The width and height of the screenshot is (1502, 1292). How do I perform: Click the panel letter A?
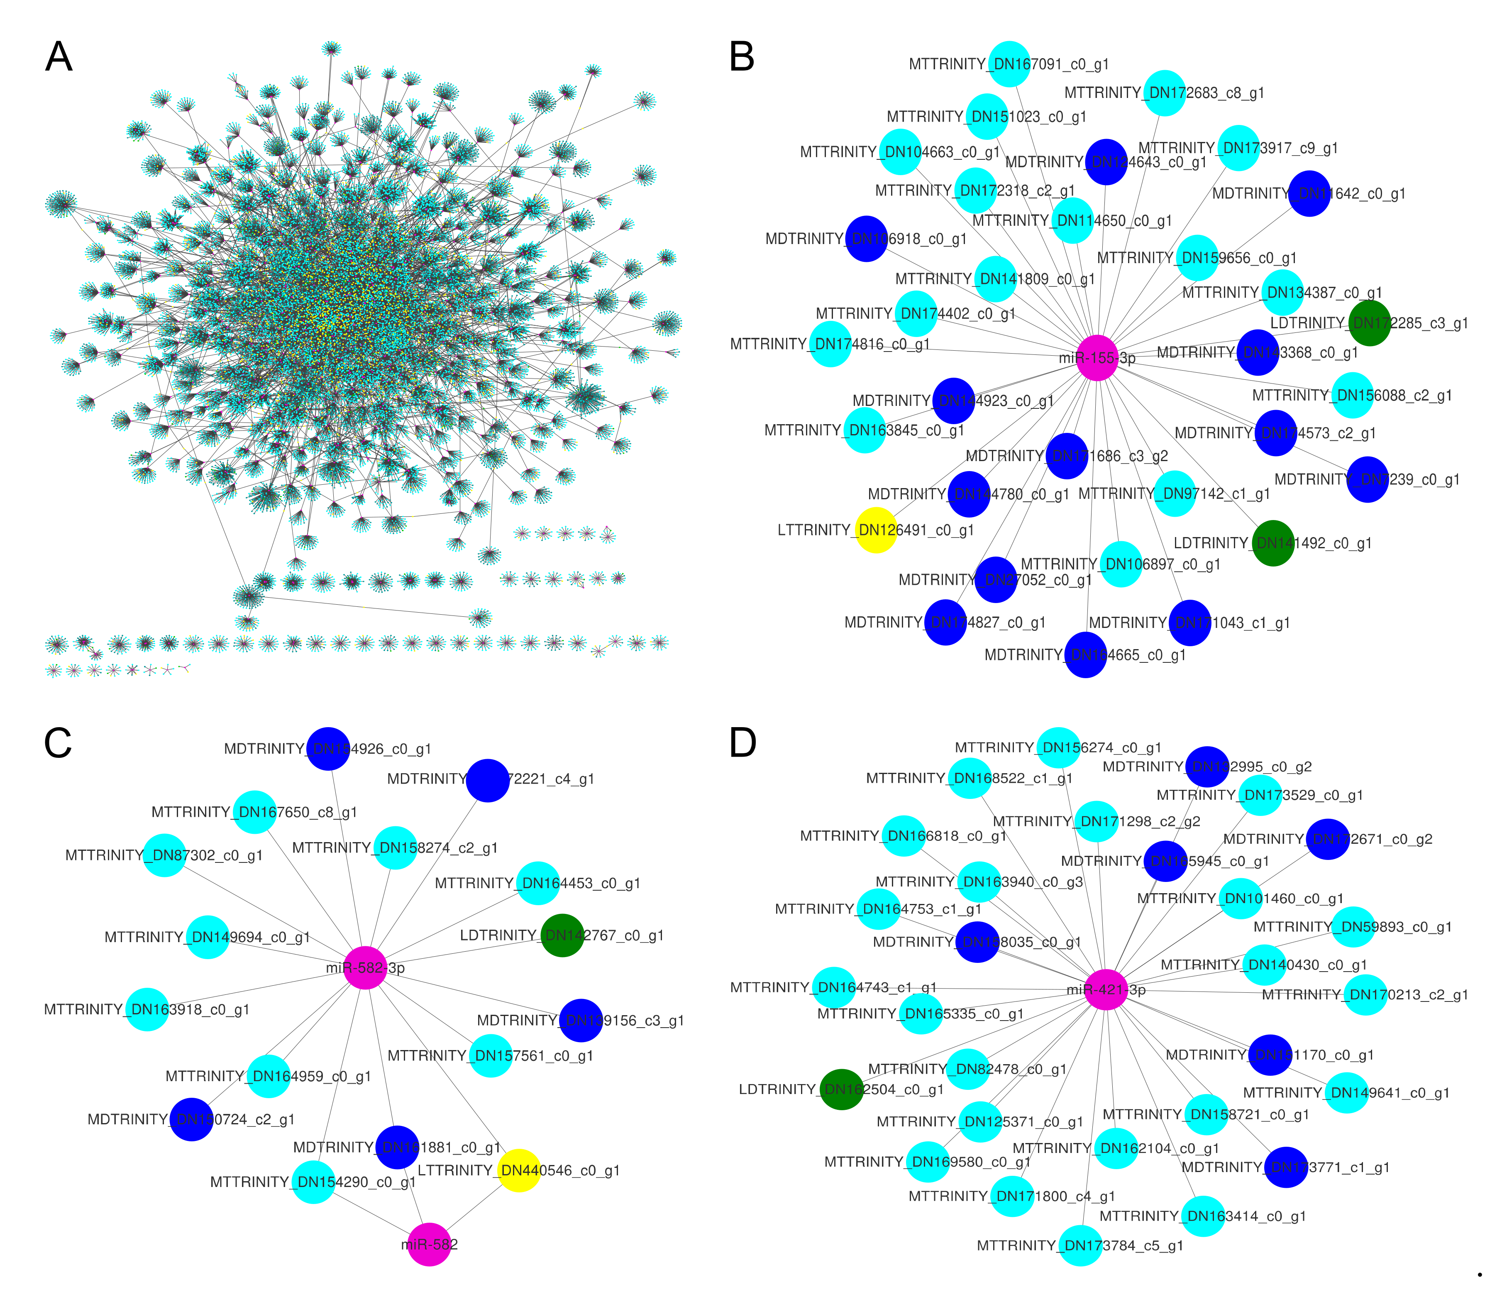[59, 56]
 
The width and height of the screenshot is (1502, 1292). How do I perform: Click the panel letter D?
[742, 742]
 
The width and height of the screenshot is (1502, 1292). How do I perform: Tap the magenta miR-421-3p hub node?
[1106, 990]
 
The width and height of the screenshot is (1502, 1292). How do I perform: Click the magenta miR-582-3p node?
[365, 967]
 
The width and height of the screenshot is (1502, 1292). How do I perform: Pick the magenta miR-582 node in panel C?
[429, 1244]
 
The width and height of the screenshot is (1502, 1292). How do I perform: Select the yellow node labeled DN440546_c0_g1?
[519, 1170]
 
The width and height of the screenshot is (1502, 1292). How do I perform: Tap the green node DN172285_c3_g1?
[1369, 323]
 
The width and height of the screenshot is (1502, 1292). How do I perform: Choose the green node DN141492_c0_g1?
[1273, 543]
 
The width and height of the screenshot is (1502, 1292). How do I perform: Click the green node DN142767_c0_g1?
[562, 935]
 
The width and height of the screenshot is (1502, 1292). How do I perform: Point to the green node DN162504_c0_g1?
[842, 1089]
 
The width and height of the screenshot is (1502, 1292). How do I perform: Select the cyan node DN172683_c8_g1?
[1164, 93]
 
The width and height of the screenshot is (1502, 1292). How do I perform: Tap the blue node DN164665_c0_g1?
[1085, 655]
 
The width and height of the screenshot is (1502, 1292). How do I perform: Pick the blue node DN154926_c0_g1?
[328, 748]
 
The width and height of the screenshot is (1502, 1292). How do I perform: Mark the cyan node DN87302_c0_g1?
[165, 855]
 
